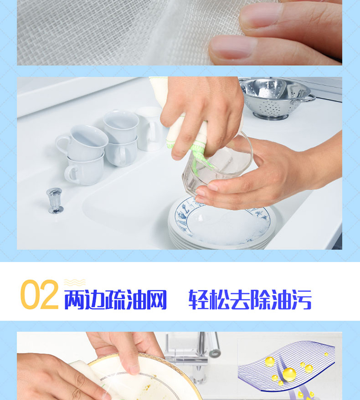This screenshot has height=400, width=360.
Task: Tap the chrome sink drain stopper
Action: (x=55, y=201)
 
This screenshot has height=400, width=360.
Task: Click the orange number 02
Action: (x=39, y=295)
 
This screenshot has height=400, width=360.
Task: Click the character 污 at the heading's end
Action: (x=301, y=300)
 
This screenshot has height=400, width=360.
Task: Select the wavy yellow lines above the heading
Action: (x=74, y=282)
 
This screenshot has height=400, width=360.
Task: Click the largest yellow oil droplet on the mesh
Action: (x=289, y=375)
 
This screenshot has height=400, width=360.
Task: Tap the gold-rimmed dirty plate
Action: (x=143, y=377)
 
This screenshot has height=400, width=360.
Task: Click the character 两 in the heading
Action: (x=75, y=300)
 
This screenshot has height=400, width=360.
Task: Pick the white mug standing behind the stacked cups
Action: (x=150, y=128)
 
